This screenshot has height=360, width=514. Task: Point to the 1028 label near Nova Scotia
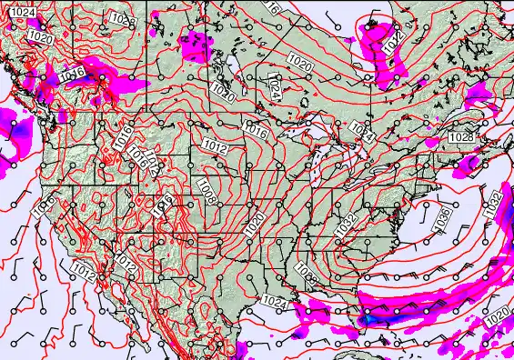(461, 136)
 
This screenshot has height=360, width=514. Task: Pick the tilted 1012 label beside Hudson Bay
(391, 41)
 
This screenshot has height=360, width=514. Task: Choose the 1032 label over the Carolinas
(346, 227)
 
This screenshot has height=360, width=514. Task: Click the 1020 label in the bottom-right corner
(498, 316)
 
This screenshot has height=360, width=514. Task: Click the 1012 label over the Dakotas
(216, 145)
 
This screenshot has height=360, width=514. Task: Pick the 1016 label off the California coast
(44, 207)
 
